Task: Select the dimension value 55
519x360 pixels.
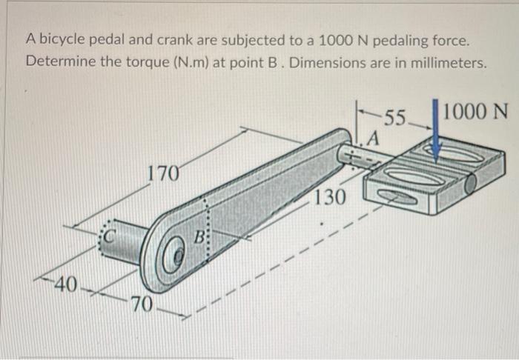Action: tap(397, 117)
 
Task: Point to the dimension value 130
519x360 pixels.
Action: tap(329, 197)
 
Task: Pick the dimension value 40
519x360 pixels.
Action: tap(65, 284)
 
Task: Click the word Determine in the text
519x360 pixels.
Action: tap(60, 60)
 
